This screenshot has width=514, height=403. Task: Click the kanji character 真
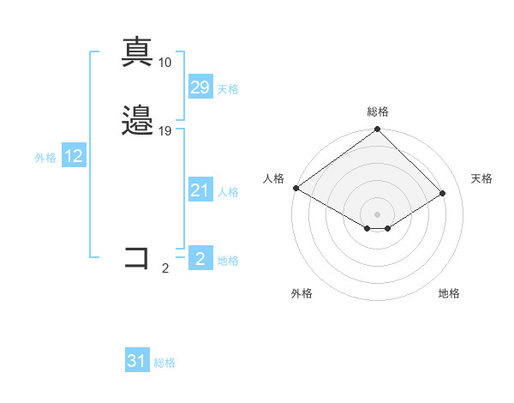point(138,51)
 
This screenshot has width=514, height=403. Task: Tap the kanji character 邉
point(138,121)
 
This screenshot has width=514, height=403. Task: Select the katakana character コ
point(137,257)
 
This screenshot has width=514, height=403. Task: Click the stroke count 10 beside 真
point(164,62)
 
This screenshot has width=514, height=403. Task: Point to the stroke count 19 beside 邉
point(165,131)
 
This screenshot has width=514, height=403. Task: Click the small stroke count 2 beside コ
point(165,268)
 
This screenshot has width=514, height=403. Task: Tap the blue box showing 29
point(200,87)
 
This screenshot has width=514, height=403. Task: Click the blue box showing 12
point(74,156)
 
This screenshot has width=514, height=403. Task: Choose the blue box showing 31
point(137,361)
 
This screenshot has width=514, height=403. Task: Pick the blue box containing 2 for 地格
point(200,258)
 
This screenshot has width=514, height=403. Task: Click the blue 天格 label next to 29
point(228,89)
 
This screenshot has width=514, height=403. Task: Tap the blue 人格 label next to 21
point(228,192)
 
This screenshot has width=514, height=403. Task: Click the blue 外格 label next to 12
point(45,158)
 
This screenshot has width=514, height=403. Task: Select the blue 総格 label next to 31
point(164,364)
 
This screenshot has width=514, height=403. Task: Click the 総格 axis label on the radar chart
point(377,111)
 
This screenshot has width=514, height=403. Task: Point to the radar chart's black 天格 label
point(481,178)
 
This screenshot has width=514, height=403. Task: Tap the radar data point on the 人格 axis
point(296,188)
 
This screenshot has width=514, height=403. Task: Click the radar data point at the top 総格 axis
point(377,129)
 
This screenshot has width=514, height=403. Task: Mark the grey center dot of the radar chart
point(377,214)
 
